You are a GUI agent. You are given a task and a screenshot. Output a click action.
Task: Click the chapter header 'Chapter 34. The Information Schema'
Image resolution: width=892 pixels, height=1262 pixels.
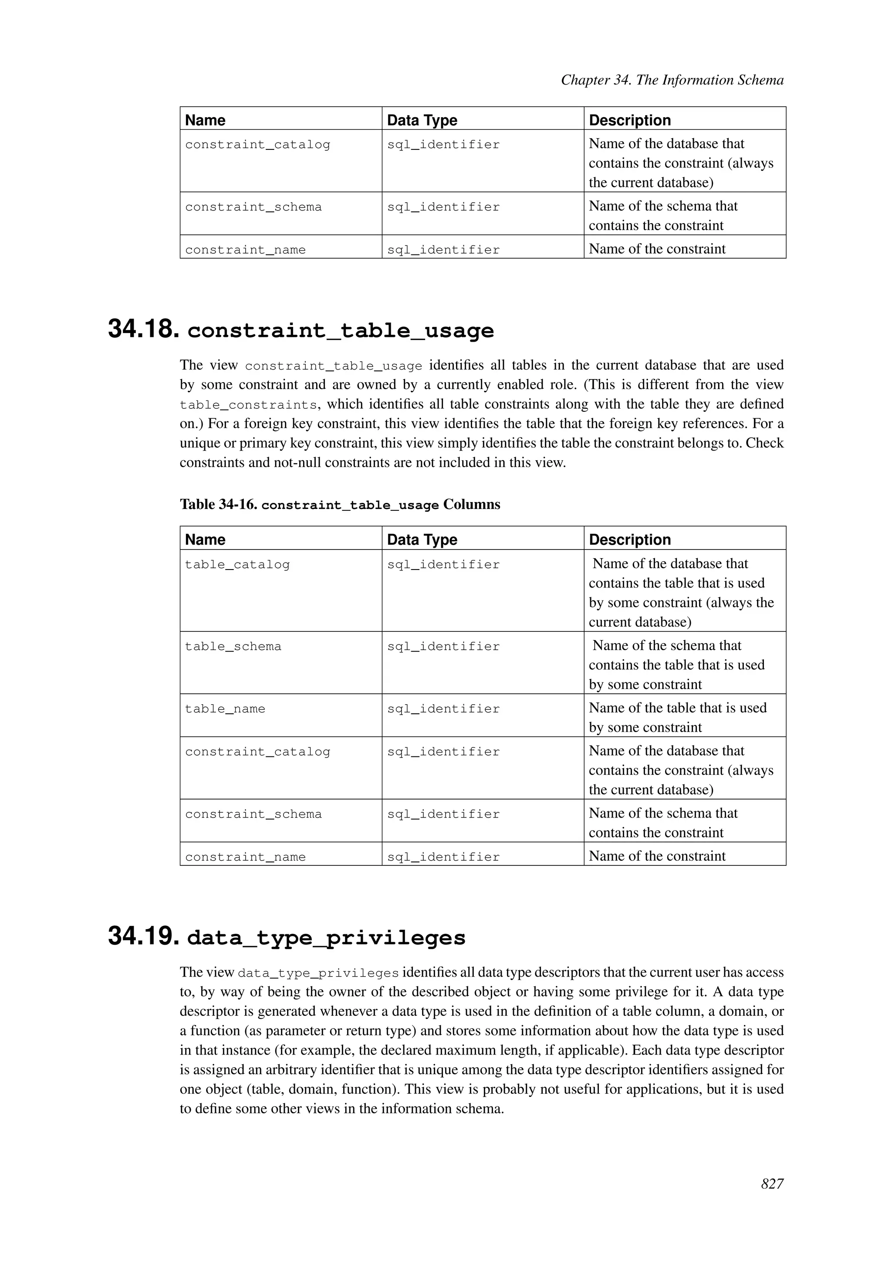(x=672, y=80)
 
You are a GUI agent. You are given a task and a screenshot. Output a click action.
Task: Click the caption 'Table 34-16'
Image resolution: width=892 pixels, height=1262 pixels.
(x=218, y=505)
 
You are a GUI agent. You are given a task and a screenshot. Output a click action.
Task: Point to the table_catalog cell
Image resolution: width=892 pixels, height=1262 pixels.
(x=237, y=564)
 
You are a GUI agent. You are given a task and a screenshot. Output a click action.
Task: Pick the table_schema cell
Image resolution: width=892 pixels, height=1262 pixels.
(x=233, y=646)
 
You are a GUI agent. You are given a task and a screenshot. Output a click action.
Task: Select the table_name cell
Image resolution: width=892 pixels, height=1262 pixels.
(x=225, y=709)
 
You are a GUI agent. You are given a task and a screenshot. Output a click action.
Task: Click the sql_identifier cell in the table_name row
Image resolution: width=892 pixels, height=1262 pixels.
(x=443, y=709)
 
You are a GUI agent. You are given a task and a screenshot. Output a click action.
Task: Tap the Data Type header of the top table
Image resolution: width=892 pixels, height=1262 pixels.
(x=422, y=120)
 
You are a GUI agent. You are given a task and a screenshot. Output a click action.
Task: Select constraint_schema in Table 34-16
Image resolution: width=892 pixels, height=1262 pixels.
(x=253, y=814)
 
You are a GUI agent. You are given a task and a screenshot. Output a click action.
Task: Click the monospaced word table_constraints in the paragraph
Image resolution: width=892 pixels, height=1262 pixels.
(x=248, y=405)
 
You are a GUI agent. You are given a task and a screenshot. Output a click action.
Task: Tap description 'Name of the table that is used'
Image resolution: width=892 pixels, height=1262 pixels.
(x=677, y=708)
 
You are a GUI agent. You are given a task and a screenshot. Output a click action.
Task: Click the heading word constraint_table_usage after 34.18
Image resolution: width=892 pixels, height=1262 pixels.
(x=341, y=330)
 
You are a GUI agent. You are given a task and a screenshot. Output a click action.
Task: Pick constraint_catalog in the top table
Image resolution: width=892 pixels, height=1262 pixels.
(x=257, y=145)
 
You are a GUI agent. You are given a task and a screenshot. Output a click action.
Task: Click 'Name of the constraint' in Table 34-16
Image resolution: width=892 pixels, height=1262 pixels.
(x=657, y=856)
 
